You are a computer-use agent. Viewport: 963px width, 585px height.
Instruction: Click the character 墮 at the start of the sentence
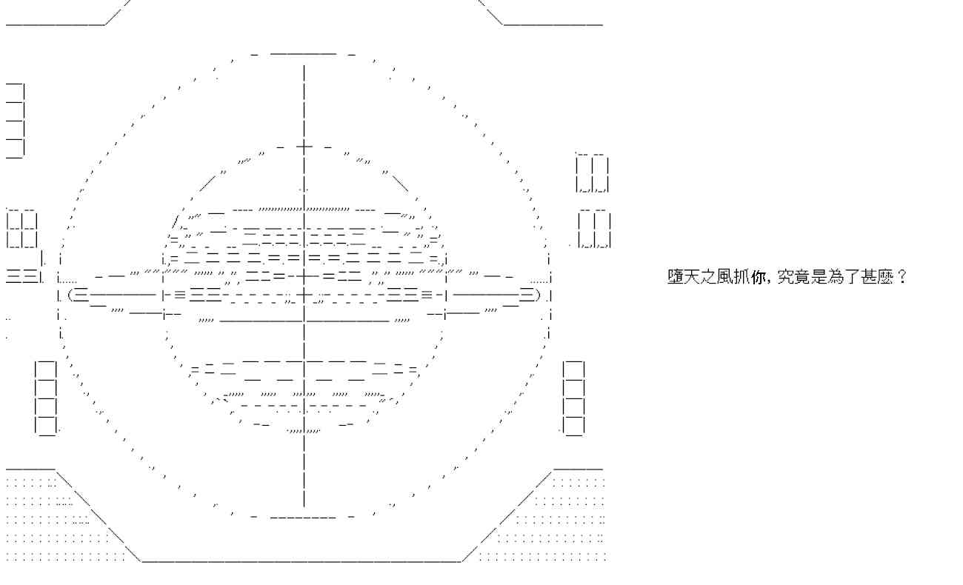point(676,276)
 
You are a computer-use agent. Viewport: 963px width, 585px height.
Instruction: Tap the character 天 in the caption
point(692,276)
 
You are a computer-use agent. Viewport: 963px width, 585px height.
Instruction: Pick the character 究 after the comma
point(785,276)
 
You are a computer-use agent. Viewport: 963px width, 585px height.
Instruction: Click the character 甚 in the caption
point(868,276)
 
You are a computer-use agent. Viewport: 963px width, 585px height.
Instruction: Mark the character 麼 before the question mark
point(885,276)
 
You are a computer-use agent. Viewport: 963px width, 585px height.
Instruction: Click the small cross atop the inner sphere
point(304,147)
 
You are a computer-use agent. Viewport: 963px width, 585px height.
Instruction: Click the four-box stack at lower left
point(46,398)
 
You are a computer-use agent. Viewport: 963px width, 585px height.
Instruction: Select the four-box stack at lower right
point(574,398)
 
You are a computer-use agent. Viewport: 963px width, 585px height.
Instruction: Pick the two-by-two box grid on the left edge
point(22,229)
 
